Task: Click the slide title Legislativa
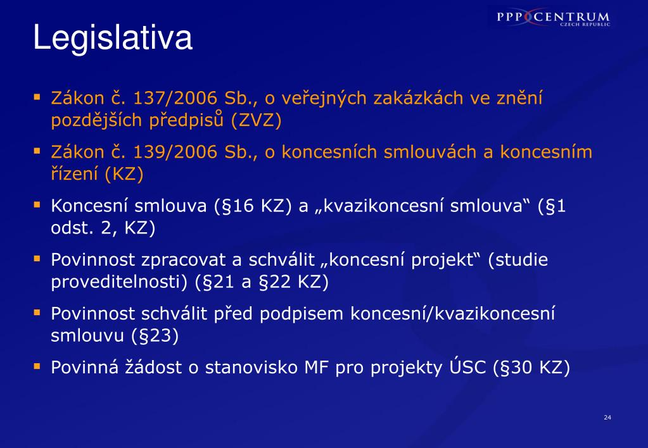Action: coord(112,38)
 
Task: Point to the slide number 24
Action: coord(607,418)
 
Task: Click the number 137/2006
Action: coord(175,98)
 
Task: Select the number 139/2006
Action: coord(175,152)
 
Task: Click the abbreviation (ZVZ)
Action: coord(257,120)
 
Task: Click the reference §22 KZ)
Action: coord(293,282)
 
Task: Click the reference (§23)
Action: coord(155,336)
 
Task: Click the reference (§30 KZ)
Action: coord(531,368)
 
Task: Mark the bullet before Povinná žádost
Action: coord(37,366)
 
